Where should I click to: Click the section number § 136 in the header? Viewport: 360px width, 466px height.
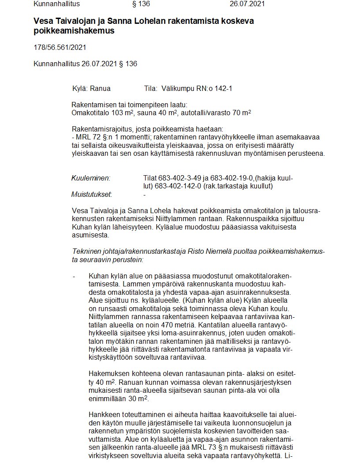click(x=141, y=4)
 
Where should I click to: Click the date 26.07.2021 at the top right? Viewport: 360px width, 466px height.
click(x=247, y=4)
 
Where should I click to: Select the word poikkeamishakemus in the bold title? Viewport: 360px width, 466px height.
click(x=74, y=31)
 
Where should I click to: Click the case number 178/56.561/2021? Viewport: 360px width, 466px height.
click(x=60, y=47)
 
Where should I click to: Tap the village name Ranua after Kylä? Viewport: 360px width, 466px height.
click(x=100, y=88)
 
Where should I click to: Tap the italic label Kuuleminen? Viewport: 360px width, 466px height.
click(x=90, y=178)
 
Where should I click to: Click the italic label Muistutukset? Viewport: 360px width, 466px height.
click(x=91, y=195)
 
